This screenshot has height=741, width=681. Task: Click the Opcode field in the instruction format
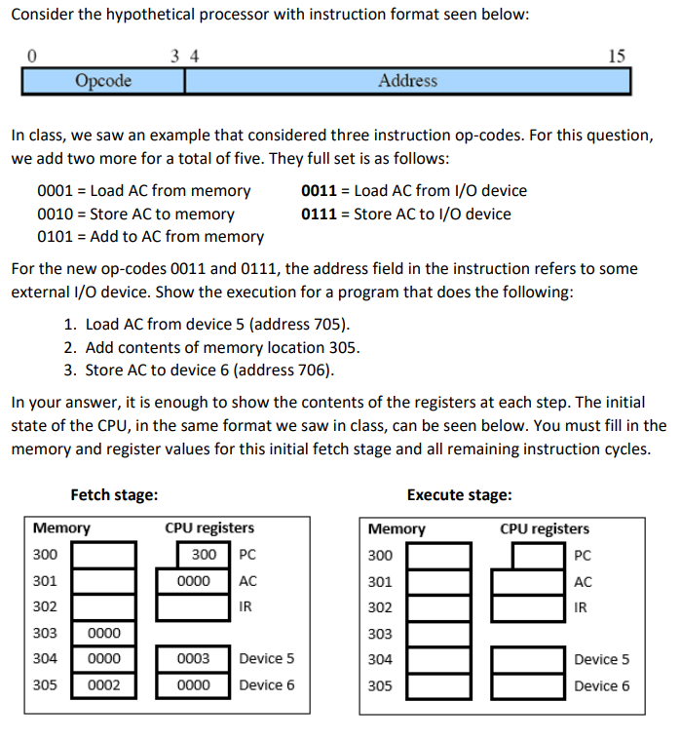tap(103, 81)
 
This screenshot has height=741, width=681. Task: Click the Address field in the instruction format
tap(407, 81)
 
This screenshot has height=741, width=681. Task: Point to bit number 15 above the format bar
tap(617, 57)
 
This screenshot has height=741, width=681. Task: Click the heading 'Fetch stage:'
tap(114, 494)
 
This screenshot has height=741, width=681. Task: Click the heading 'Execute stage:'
tap(459, 494)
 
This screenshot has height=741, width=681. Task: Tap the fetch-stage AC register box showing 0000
tap(194, 581)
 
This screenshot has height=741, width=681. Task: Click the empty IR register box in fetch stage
tap(194, 606)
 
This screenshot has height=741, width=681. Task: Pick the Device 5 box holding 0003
tap(194, 659)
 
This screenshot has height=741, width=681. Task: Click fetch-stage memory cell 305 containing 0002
tap(103, 685)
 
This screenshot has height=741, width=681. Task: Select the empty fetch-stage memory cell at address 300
tap(103, 555)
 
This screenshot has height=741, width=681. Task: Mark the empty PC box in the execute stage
tap(539, 556)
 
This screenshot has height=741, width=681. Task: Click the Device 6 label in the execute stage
tap(601, 685)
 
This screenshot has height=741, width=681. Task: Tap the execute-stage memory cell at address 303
tap(438, 634)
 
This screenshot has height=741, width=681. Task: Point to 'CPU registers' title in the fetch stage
tap(209, 528)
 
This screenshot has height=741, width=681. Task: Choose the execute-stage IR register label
tap(582, 607)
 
